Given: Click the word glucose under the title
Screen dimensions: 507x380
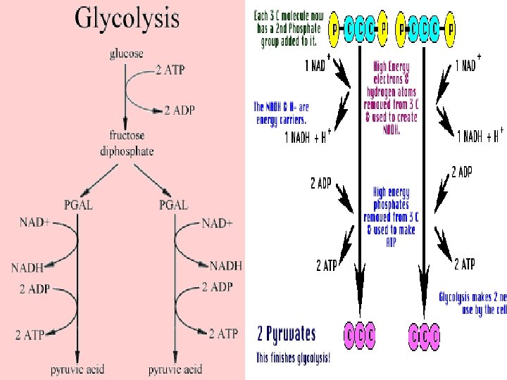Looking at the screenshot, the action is click(126, 54).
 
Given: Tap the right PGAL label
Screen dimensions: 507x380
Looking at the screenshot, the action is click(173, 205).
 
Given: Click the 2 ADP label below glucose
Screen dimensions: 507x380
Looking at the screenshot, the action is click(180, 110).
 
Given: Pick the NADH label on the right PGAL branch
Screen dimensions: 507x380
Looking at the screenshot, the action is click(225, 265).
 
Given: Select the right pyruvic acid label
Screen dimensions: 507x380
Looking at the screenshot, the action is click(175, 369).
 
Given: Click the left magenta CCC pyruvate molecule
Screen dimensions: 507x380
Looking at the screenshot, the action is click(360, 335).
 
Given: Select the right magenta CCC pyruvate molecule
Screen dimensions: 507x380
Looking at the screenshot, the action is click(425, 335).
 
